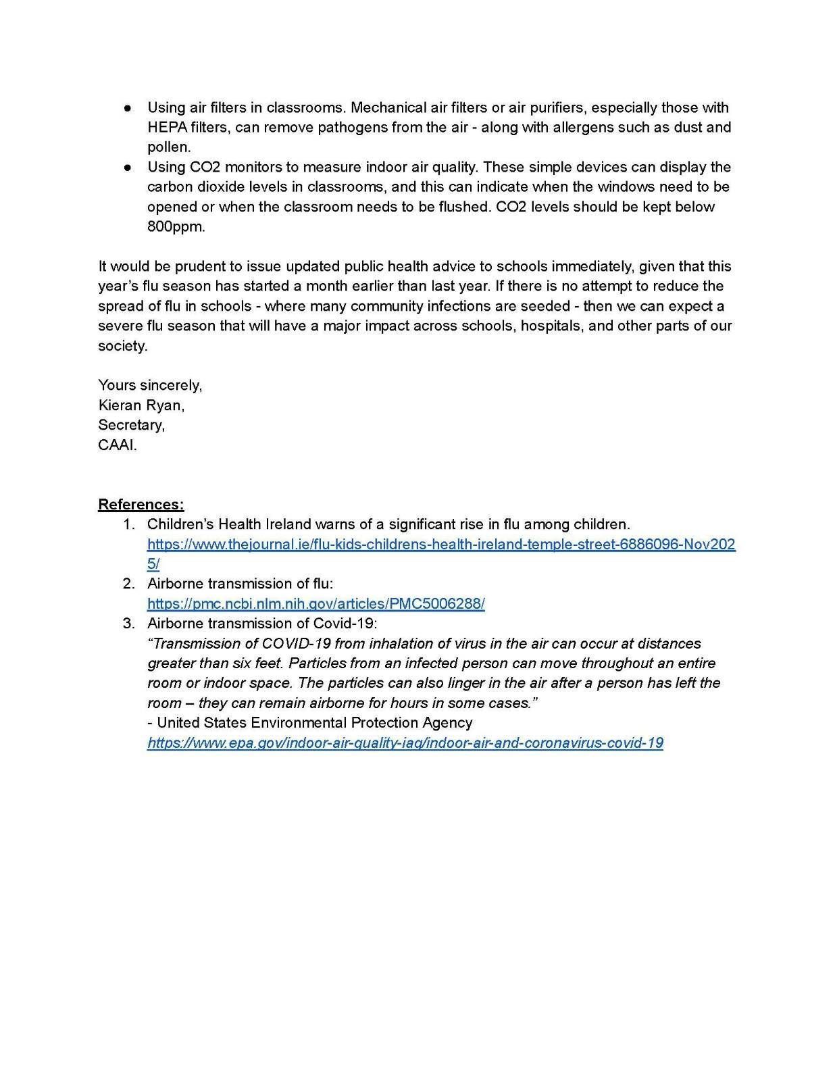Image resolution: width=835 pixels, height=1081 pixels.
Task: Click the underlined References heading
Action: (141, 504)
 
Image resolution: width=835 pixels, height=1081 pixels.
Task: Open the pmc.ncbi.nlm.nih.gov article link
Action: (315, 603)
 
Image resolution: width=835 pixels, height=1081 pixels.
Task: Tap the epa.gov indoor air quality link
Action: (405, 743)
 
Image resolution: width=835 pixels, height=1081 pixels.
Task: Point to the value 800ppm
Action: (176, 226)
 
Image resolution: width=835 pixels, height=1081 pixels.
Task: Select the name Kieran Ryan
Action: (141, 405)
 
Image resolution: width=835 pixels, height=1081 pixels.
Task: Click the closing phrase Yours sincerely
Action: (149, 385)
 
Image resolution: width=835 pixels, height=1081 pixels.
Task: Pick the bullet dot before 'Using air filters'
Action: (127, 107)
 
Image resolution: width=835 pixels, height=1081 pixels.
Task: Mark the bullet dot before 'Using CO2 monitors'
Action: (127, 167)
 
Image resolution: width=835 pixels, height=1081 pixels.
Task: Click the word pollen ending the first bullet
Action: (168, 147)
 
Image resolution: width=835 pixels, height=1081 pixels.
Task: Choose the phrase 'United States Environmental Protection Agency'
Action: (314, 722)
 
